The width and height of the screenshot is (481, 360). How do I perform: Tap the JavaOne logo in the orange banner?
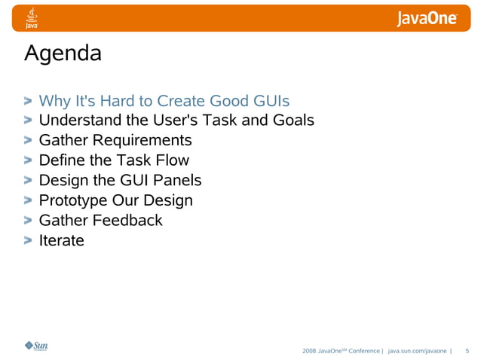pyautogui.click(x=427, y=19)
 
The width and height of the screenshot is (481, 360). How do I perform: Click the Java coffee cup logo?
pyautogui.click(x=32, y=18)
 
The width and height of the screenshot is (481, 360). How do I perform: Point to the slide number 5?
pyautogui.click(x=467, y=351)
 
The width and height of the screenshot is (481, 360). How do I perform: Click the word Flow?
pyautogui.click(x=172, y=160)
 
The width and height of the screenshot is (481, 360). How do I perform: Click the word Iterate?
pyautogui.click(x=61, y=241)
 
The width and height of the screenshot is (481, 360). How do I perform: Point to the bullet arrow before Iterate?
pyautogui.click(x=28, y=242)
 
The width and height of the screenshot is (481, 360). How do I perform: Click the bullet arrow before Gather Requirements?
pyautogui.click(x=28, y=141)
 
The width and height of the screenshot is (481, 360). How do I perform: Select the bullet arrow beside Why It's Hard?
pyautogui.click(x=28, y=101)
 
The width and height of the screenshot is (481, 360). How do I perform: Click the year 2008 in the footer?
pyautogui.click(x=309, y=351)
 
